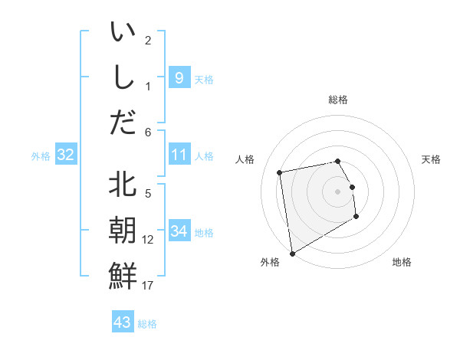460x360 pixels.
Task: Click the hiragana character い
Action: click(123, 34)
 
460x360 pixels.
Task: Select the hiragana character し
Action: click(123, 78)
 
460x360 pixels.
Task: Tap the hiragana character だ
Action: click(123, 122)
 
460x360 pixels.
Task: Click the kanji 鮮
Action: click(123, 275)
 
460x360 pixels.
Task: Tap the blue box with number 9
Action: click(179, 78)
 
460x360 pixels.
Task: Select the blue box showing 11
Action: click(179, 155)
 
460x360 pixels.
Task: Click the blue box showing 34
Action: click(179, 231)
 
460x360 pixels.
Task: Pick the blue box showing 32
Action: click(66, 155)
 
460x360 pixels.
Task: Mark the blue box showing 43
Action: click(123, 322)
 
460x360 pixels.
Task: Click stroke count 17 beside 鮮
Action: click(147, 286)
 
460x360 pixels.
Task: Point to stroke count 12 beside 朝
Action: click(147, 240)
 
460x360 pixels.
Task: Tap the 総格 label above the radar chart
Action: click(338, 100)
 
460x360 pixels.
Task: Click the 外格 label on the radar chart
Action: click(270, 262)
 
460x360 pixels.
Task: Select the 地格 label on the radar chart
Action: click(402, 262)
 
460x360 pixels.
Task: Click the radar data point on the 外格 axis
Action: click(291, 253)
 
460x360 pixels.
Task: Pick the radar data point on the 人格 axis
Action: click(280, 172)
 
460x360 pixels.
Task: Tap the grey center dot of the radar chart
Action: click(337, 191)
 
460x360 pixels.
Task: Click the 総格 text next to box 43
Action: click(147, 324)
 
